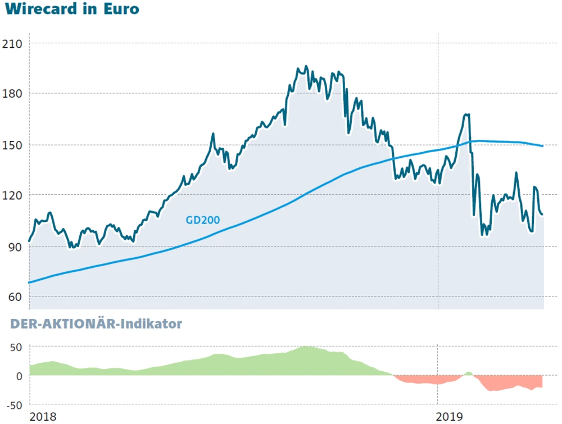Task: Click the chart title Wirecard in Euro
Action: pyautogui.click(x=71, y=10)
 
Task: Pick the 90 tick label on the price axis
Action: pyautogui.click(x=15, y=247)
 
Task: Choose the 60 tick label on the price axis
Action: pyautogui.click(x=15, y=297)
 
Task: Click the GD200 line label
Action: pyautogui.click(x=202, y=221)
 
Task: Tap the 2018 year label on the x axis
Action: pyautogui.click(x=43, y=416)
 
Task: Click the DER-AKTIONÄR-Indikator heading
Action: pyautogui.click(x=96, y=324)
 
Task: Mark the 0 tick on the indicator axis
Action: pyautogui.click(x=19, y=376)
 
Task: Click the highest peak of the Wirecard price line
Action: pyautogui.click(x=306, y=67)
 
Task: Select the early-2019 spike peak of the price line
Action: pyautogui.click(x=466, y=115)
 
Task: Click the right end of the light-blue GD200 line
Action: pyautogui.click(x=542, y=146)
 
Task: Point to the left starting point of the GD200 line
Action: pyautogui.click(x=30, y=282)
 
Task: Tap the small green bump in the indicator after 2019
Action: pyautogui.click(x=468, y=373)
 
